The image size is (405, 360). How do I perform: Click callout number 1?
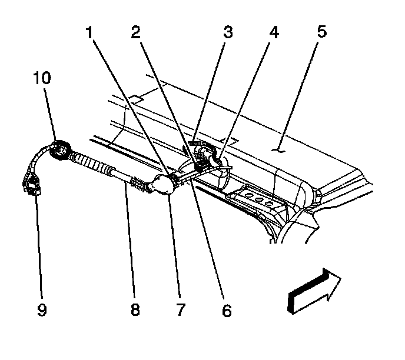tap(89, 33)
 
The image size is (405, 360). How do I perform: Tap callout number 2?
tap(135, 33)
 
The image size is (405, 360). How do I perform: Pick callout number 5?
tap(321, 33)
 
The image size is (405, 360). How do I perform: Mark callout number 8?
tap(135, 309)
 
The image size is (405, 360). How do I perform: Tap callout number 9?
tap(41, 309)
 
